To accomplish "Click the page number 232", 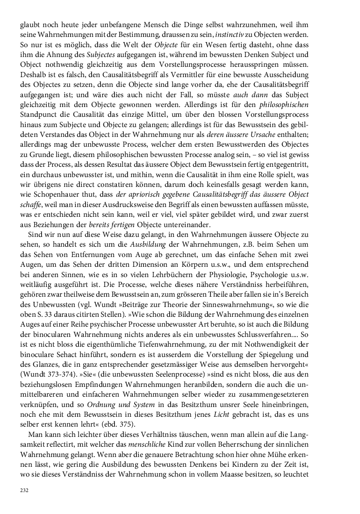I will coord(24,491).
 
